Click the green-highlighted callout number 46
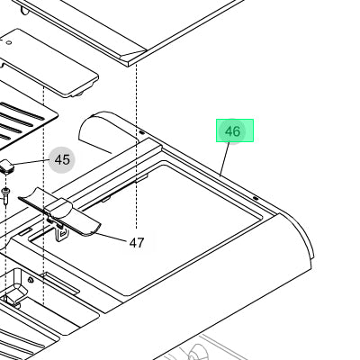coord(233,131)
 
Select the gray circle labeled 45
coord(62,160)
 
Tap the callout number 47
coord(137,243)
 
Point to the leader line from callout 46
coord(225,159)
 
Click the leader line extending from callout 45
coord(31,162)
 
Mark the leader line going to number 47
coord(110,237)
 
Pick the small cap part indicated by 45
coord(6,166)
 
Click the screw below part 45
coord(5,195)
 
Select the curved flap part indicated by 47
coord(58,212)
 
